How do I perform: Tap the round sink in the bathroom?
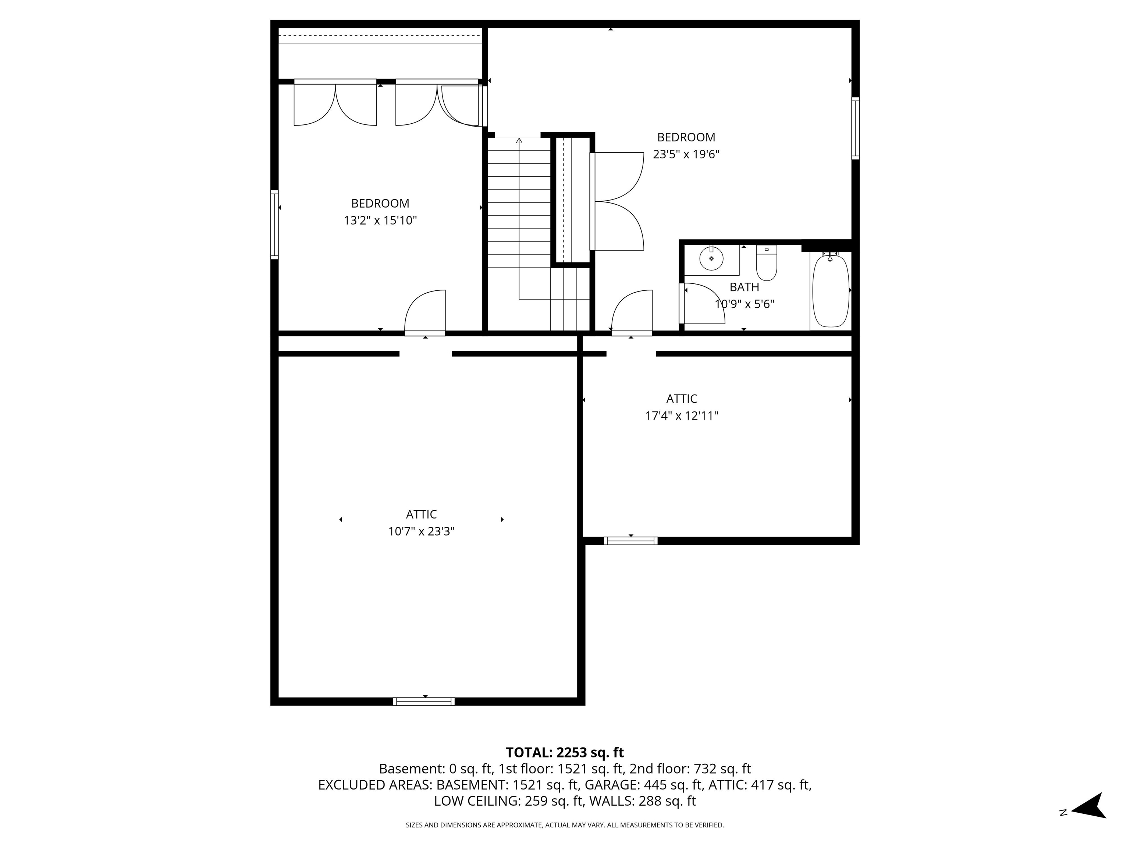pos(711,259)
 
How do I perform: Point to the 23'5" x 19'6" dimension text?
pos(686,154)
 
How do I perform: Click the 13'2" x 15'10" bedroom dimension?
pos(380,221)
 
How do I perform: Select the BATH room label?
pos(744,287)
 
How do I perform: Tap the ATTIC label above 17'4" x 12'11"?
pos(682,399)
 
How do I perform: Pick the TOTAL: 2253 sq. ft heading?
pos(565,752)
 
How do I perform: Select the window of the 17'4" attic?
pos(630,541)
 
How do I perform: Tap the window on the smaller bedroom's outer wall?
pos(274,225)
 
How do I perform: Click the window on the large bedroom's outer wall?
pos(855,128)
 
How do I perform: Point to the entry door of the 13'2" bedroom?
pos(425,313)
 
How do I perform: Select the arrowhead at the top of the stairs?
pos(519,140)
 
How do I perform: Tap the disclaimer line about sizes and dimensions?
pos(565,825)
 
